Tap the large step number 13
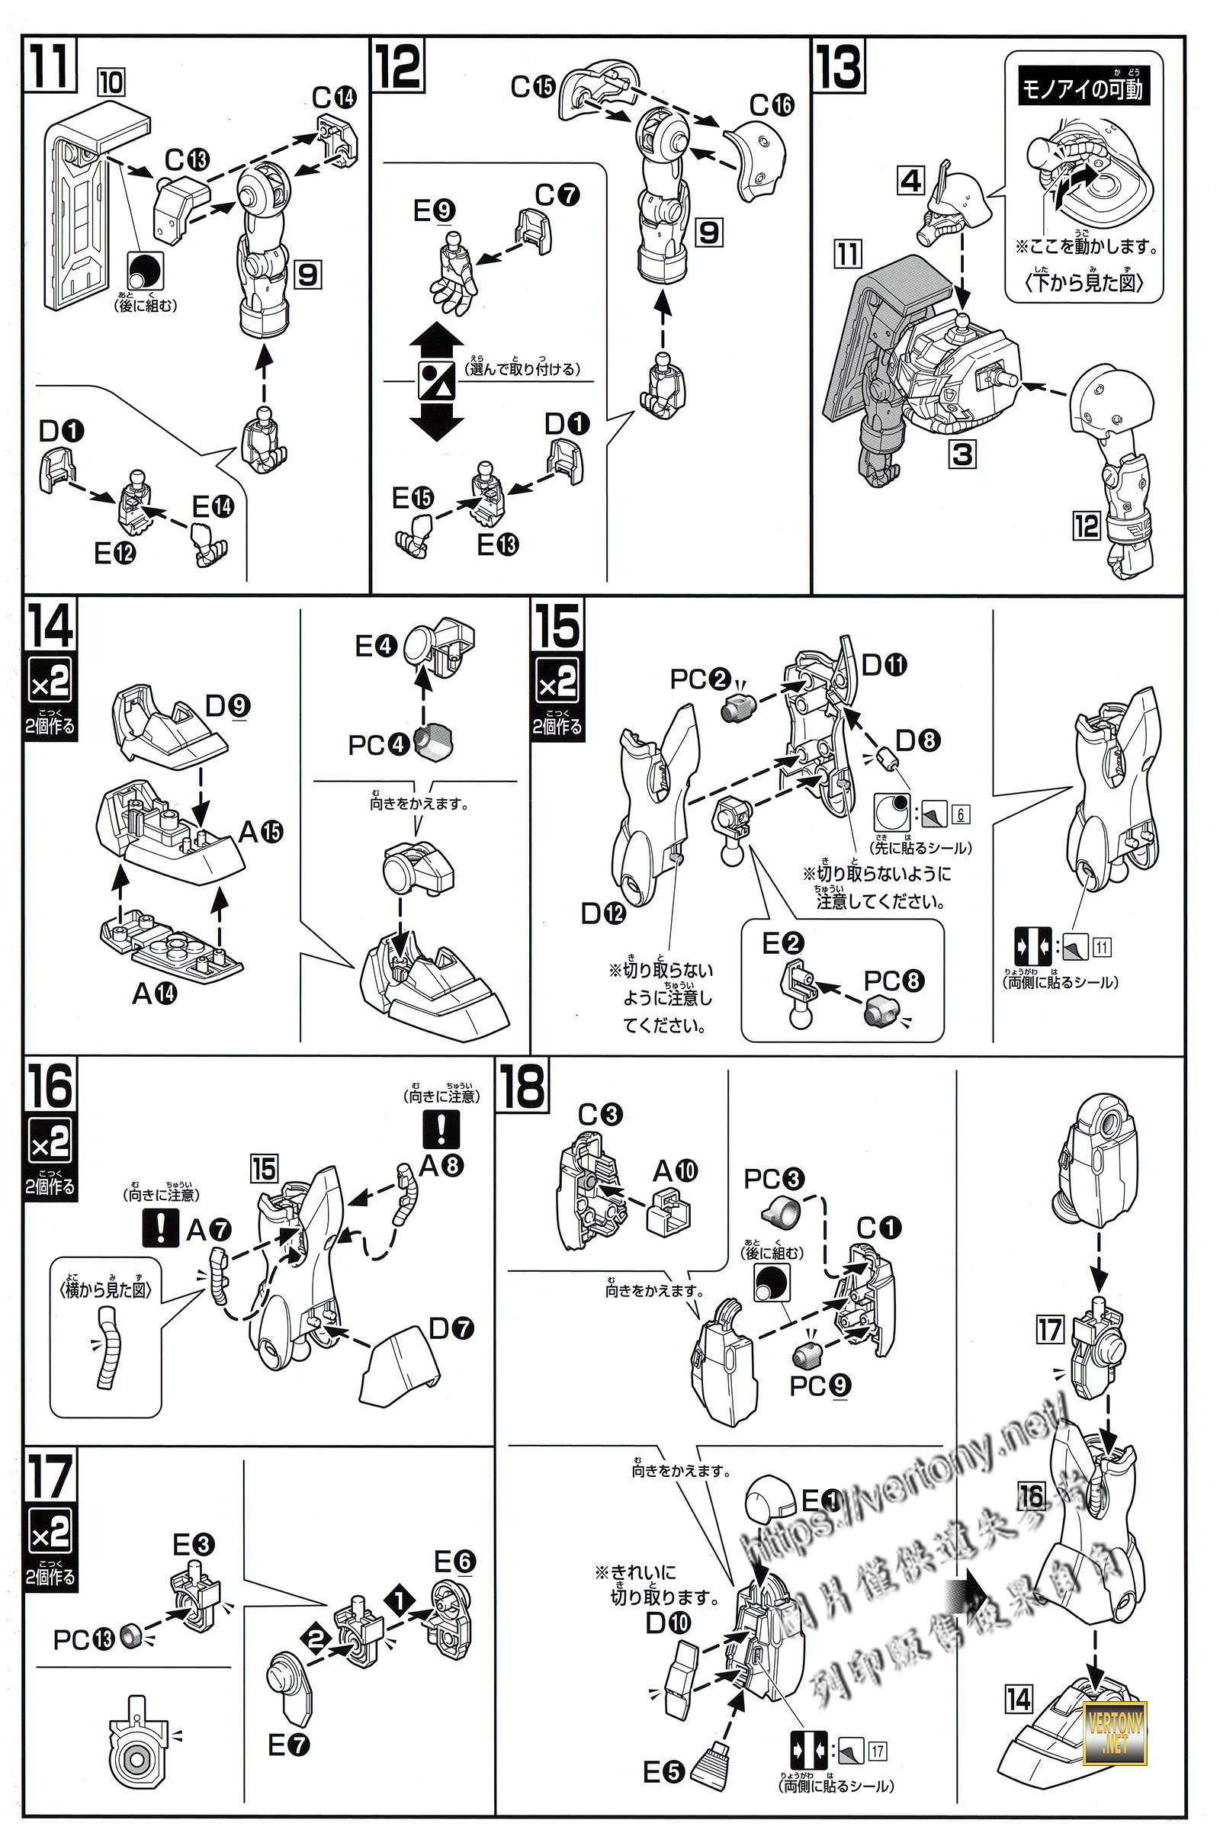click(839, 66)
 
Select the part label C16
click(771, 105)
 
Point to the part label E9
click(434, 210)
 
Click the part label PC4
click(378, 745)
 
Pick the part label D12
click(603, 913)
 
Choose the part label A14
click(154, 994)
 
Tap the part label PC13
click(83, 1639)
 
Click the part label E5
click(663, 1772)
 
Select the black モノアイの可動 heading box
click(1082, 86)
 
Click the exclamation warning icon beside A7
click(161, 1228)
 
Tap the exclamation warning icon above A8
click(441, 1129)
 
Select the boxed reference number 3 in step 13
click(962, 454)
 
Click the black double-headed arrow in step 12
click(436, 381)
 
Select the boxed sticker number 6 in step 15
click(961, 814)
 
